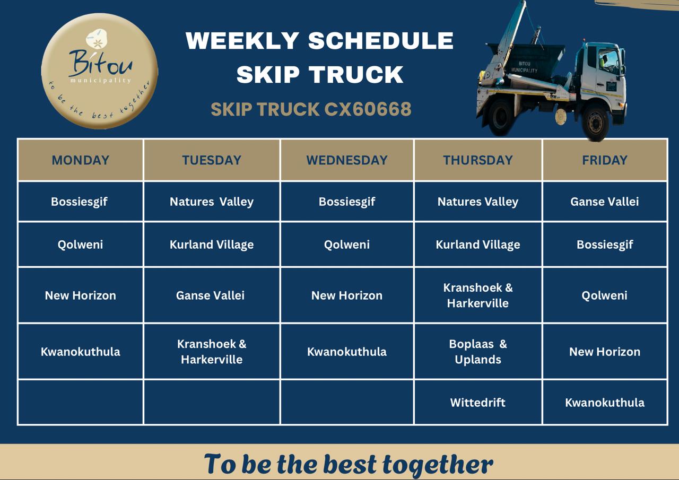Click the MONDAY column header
(80, 160)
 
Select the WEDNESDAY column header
(347, 160)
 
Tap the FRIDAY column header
(604, 160)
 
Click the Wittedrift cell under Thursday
(478, 403)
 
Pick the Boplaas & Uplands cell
(478, 352)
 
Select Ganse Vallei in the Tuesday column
(210, 295)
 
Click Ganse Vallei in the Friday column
(604, 202)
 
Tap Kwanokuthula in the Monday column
(80, 352)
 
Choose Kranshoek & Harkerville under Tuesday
(212, 352)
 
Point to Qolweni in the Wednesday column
(347, 245)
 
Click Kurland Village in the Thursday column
(478, 245)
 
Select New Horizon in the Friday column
(604, 352)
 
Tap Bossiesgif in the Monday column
(79, 202)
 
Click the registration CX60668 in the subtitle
(368, 109)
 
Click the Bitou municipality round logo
(99, 71)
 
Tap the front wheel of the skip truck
(595, 121)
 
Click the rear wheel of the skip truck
(501, 117)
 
